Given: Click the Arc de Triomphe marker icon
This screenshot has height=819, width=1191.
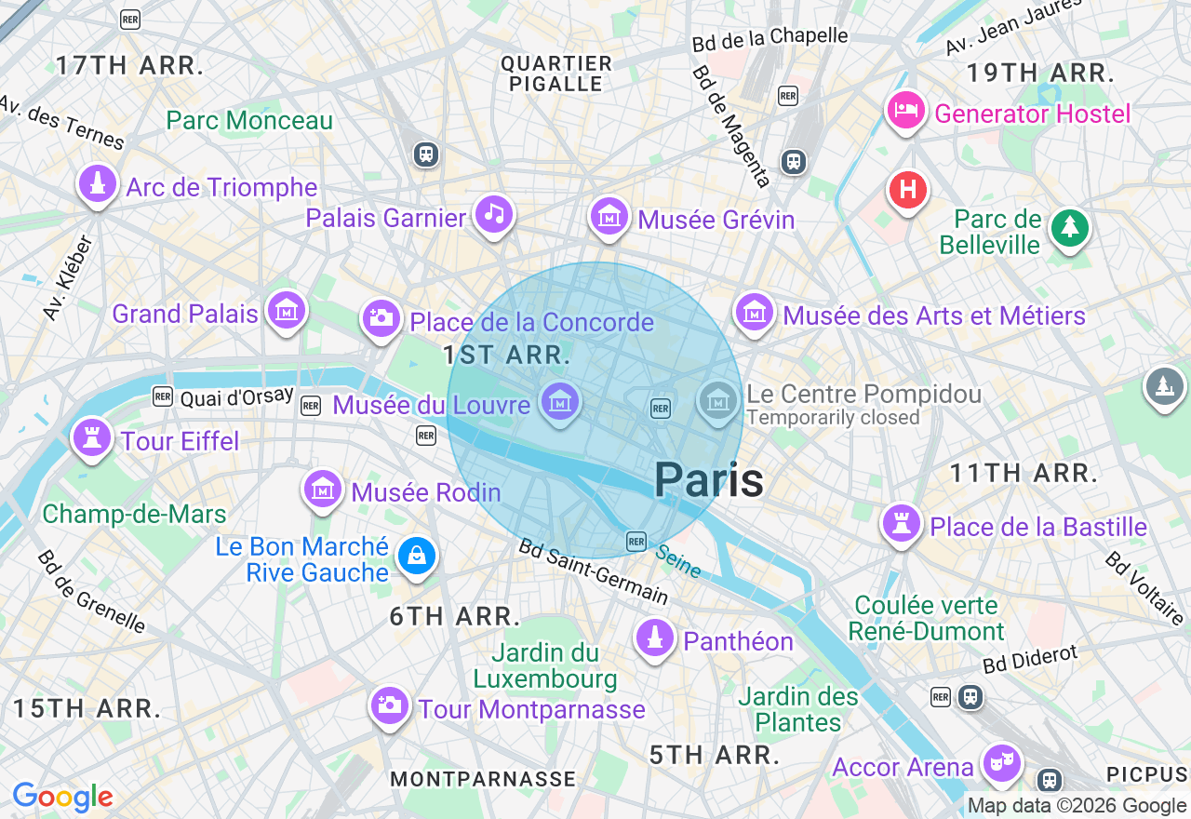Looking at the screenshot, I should [97, 184].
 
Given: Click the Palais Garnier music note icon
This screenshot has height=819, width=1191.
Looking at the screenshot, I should [494, 215].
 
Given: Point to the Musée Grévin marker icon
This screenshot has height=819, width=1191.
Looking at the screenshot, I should [609, 218].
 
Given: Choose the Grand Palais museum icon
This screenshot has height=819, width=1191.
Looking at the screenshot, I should [286, 311].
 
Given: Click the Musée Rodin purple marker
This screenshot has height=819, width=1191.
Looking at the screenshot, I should [322, 489].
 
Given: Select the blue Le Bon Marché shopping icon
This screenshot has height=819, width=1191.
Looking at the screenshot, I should [416, 557].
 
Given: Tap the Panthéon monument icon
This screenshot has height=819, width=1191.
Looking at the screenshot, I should [655, 638].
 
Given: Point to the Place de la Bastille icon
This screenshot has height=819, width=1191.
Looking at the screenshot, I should [901, 524].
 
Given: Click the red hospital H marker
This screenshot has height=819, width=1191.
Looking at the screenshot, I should [908, 191].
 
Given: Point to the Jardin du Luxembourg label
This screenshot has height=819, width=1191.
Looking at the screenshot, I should [545, 665].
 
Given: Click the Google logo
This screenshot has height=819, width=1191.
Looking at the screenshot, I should [62, 798].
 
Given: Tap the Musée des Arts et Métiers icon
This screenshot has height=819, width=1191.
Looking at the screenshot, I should [755, 313].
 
